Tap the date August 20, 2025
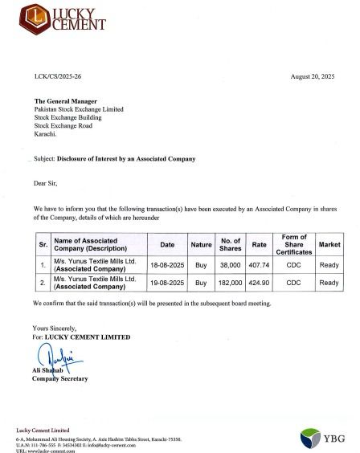pos(315,74)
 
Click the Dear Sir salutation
pos(45,184)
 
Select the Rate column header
pos(260,244)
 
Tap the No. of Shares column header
pos(231,244)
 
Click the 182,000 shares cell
pos(231,283)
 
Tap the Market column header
pos(329,244)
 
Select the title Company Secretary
pos(60,378)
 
